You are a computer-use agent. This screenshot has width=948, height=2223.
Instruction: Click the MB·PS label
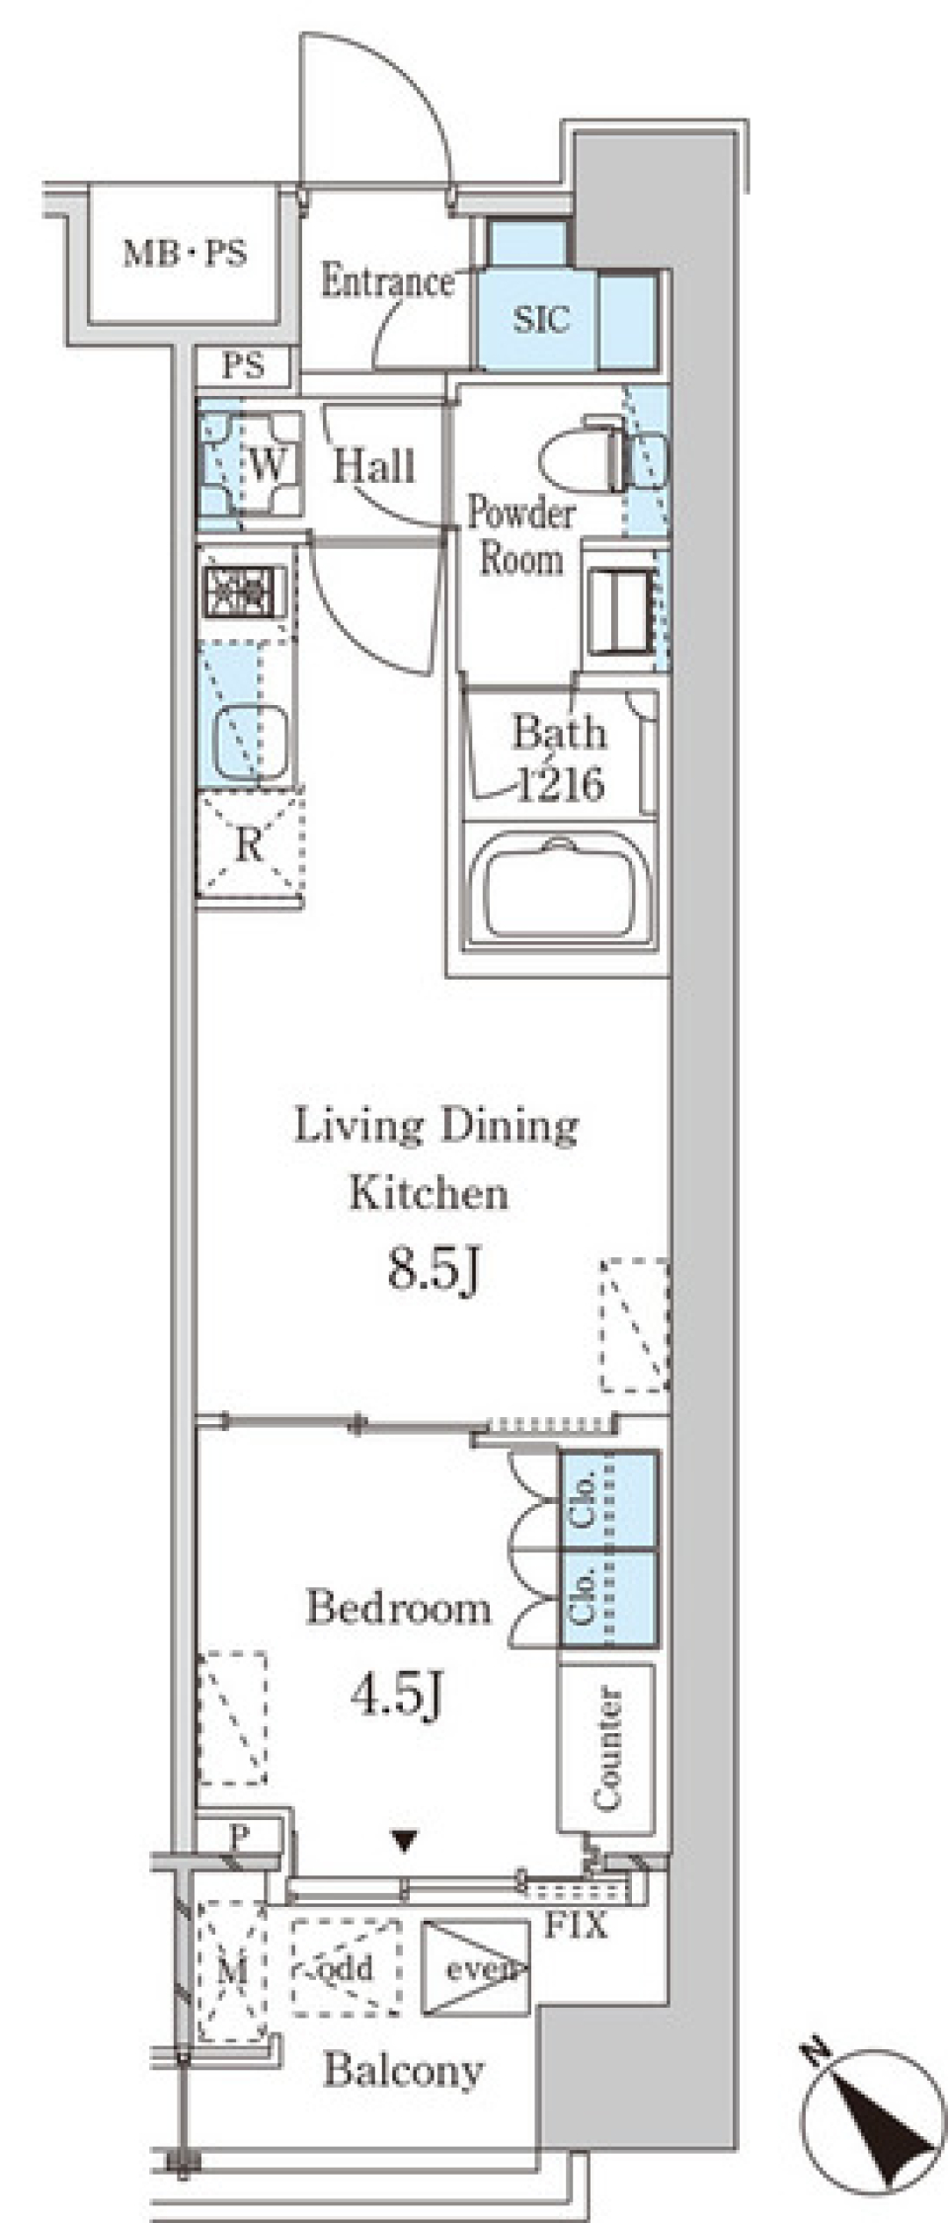185,254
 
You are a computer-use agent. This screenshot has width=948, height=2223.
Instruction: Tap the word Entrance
387,282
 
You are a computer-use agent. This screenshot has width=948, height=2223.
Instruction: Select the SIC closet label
541,319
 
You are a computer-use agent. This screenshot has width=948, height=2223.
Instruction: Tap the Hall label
373,466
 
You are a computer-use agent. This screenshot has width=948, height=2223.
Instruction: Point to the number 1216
561,785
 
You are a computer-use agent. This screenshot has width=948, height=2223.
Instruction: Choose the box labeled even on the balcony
475,1968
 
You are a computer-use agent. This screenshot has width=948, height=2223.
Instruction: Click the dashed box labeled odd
347,1967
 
